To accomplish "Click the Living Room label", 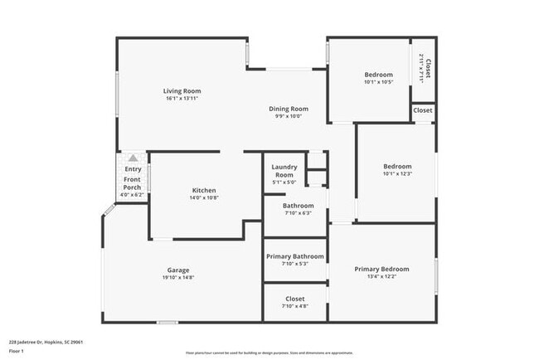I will pyautogui.click(x=182, y=91).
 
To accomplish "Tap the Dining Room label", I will pyautogui.click(x=289, y=109).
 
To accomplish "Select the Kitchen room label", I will pyautogui.click(x=204, y=190).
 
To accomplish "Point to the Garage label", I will pyautogui.click(x=178, y=270).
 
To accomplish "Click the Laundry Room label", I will pyautogui.click(x=284, y=171).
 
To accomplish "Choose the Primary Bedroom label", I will pyautogui.click(x=381, y=269).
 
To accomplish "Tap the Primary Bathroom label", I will pyautogui.click(x=294, y=256).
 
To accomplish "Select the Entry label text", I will pyautogui.click(x=133, y=169).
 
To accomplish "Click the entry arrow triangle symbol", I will pyautogui.click(x=133, y=158).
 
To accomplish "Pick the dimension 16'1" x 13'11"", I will pyautogui.click(x=182, y=99).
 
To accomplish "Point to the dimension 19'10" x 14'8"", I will pyautogui.click(x=178, y=278).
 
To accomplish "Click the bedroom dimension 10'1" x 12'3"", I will pyautogui.click(x=397, y=173).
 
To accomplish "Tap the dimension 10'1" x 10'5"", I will pyautogui.click(x=378, y=82).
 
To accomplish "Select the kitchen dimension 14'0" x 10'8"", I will pyautogui.click(x=204, y=197).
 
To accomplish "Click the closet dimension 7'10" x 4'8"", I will pyautogui.click(x=294, y=306).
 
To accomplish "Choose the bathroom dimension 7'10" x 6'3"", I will pyautogui.click(x=298, y=213).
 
